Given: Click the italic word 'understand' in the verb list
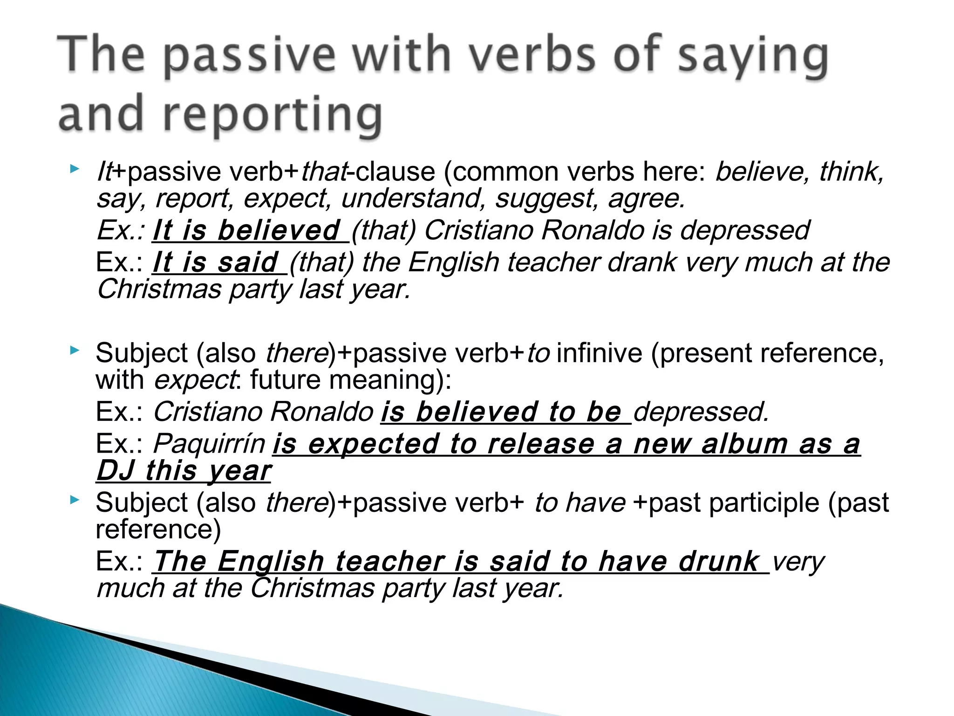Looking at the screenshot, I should (410, 199).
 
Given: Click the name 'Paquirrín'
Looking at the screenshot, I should (209, 443).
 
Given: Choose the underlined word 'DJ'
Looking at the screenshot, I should (116, 470).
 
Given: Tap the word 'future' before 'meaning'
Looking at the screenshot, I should (285, 380).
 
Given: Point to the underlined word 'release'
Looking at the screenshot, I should (541, 443).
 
